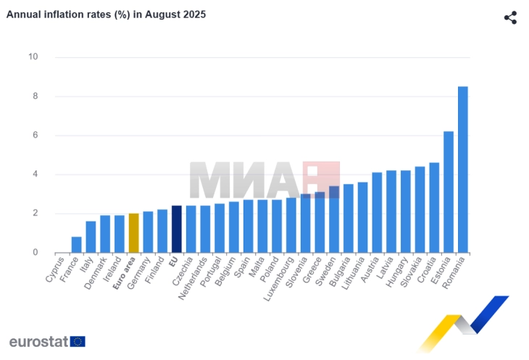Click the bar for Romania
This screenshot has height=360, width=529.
pyautogui.click(x=462, y=169)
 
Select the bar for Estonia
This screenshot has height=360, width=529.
pyautogui.click(x=448, y=192)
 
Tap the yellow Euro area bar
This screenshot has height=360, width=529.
pyautogui.click(x=133, y=233)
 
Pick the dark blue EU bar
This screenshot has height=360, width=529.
pyautogui.click(x=176, y=229)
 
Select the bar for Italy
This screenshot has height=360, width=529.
pyautogui.click(x=91, y=237)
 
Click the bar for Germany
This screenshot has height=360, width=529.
pyautogui.click(x=148, y=232)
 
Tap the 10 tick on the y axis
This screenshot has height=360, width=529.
pyautogui.click(x=33, y=57)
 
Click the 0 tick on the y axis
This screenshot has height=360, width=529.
pyautogui.click(x=35, y=253)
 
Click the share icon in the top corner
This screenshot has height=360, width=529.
pyautogui.click(x=510, y=17)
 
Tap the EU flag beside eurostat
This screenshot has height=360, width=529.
pyautogui.click(x=78, y=342)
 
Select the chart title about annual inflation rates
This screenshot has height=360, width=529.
pyautogui.click(x=106, y=14)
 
